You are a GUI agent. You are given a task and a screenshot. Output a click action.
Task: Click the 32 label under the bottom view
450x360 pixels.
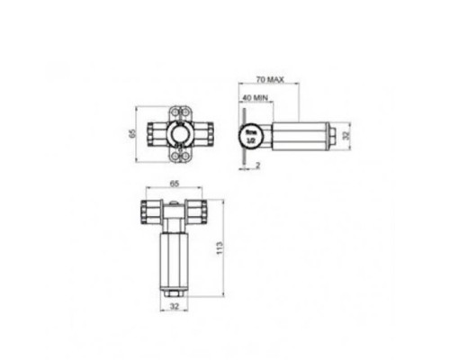[x=173, y=308]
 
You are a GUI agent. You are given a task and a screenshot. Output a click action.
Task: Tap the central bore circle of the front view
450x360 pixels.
[x=179, y=135]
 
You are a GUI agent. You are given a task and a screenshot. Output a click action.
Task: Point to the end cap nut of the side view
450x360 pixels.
[x=334, y=136]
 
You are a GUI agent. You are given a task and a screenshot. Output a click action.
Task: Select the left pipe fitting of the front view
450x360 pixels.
[x=157, y=135]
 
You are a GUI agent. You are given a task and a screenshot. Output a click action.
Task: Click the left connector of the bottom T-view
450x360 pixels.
[x=148, y=212]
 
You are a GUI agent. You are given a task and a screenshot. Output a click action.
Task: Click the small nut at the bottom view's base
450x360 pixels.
[x=173, y=292]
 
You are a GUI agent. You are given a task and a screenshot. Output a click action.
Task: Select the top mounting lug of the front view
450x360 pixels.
[x=179, y=112]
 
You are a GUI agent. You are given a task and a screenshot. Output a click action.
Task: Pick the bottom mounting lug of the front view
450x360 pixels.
[x=179, y=157]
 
